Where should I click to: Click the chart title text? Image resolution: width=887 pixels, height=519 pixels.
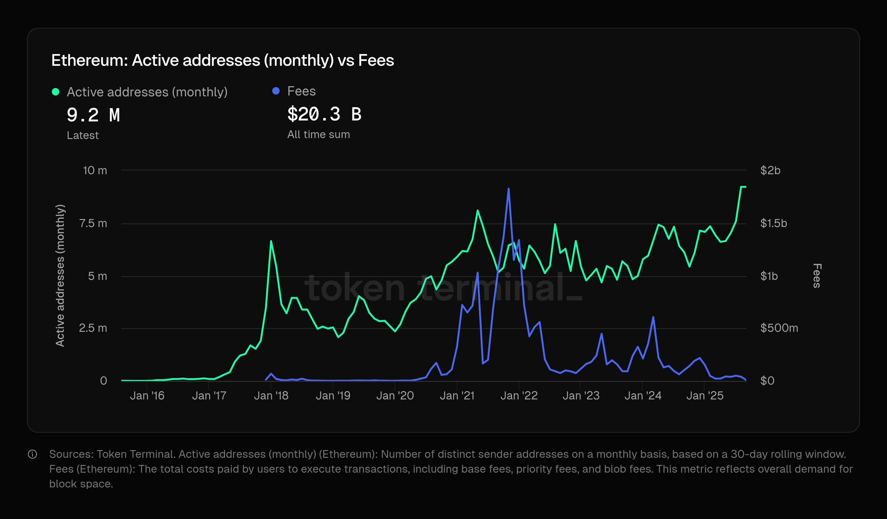[223, 60]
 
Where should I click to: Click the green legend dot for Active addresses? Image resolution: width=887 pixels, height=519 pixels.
[56, 92]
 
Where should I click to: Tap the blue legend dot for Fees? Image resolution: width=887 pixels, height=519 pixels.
[276, 91]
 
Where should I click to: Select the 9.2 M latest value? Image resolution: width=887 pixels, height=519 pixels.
[93, 115]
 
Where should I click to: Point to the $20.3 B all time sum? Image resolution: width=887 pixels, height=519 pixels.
[324, 114]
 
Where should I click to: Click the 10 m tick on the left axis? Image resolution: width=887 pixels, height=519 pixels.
[95, 171]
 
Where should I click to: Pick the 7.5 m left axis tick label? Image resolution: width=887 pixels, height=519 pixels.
[93, 223]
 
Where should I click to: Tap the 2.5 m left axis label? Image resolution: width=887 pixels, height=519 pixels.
[93, 328]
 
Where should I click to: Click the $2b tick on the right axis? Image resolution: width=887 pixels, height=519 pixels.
[770, 171]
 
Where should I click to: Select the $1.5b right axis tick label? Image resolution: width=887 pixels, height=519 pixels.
[773, 223]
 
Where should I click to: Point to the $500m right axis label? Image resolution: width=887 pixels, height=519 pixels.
[779, 328]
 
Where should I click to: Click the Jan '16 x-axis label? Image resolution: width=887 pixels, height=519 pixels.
[147, 396]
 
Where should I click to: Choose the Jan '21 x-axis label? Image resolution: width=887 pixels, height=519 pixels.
[457, 396]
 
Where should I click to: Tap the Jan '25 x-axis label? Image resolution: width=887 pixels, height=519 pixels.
[705, 396]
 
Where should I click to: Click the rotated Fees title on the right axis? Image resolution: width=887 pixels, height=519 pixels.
[817, 276]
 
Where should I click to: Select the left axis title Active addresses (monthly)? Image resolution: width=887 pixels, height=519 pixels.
[60, 276]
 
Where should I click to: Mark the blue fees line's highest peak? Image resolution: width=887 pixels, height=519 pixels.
[508, 189]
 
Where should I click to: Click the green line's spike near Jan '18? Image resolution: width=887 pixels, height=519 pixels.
[271, 241]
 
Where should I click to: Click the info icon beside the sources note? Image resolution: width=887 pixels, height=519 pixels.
[32, 454]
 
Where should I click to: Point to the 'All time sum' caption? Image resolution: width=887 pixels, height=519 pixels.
[319, 135]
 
